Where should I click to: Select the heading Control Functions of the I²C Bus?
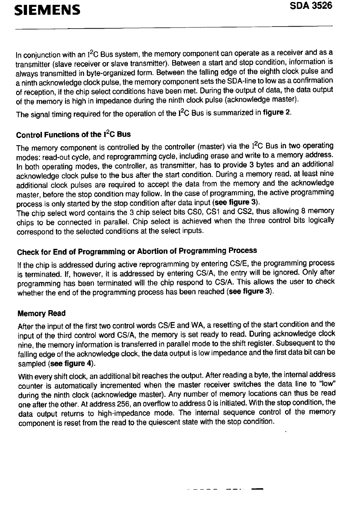coord(73,134)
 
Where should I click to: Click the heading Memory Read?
coord(42,313)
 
